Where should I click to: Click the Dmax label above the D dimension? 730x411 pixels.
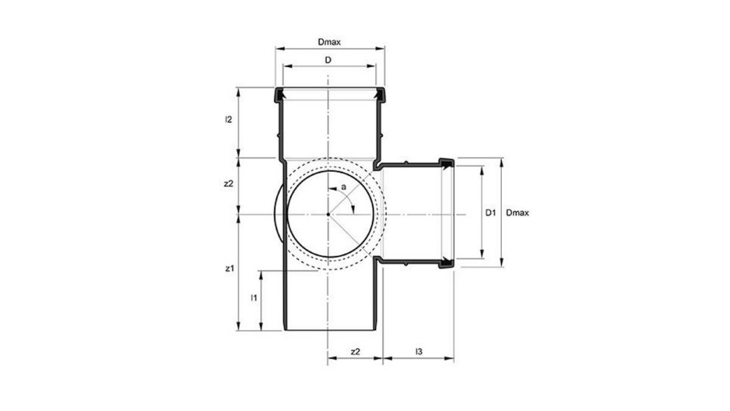pos(329,43)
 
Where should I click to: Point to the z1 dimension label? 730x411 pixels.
pos(228,270)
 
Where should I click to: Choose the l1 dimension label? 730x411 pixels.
pos(252,298)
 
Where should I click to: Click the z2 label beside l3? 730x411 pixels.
pos(355,351)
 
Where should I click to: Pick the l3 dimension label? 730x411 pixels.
pos(418,351)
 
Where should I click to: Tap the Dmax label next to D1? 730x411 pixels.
pos(519,213)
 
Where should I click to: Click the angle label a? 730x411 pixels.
pos(343,189)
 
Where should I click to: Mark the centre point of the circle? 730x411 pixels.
pos(328,214)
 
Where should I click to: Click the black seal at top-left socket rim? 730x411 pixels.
pos(279,94)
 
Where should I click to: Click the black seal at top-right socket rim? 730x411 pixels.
pos(380,94)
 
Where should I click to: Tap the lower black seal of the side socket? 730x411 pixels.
pos(446,262)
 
